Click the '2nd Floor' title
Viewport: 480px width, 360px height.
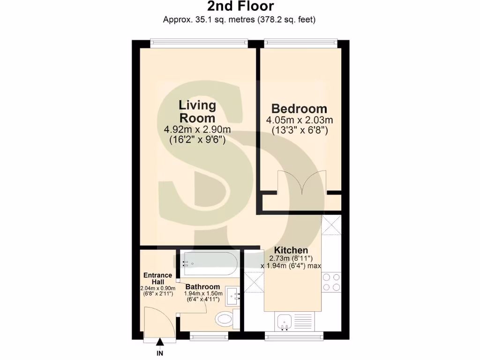click(x=240, y=7)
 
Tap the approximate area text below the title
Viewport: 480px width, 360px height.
click(x=240, y=20)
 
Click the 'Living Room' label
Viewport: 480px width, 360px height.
click(x=197, y=112)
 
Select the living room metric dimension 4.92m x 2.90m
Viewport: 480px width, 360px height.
click(x=197, y=129)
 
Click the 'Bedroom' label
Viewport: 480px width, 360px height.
click(x=300, y=109)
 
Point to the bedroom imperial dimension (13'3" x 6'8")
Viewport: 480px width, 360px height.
click(x=300, y=131)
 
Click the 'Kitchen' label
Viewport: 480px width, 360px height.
click(x=291, y=250)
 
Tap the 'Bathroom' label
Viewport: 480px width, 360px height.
click(x=202, y=287)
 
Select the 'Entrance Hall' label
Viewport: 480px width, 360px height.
click(x=157, y=278)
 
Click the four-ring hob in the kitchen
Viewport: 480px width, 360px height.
click(x=331, y=282)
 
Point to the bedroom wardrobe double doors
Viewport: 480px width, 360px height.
click(x=301, y=183)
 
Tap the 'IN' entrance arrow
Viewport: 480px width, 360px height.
click(x=160, y=346)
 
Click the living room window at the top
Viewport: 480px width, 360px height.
click(x=199, y=44)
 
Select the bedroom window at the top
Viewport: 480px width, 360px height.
click(x=300, y=44)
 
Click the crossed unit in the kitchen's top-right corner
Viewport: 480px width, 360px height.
click(x=332, y=224)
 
